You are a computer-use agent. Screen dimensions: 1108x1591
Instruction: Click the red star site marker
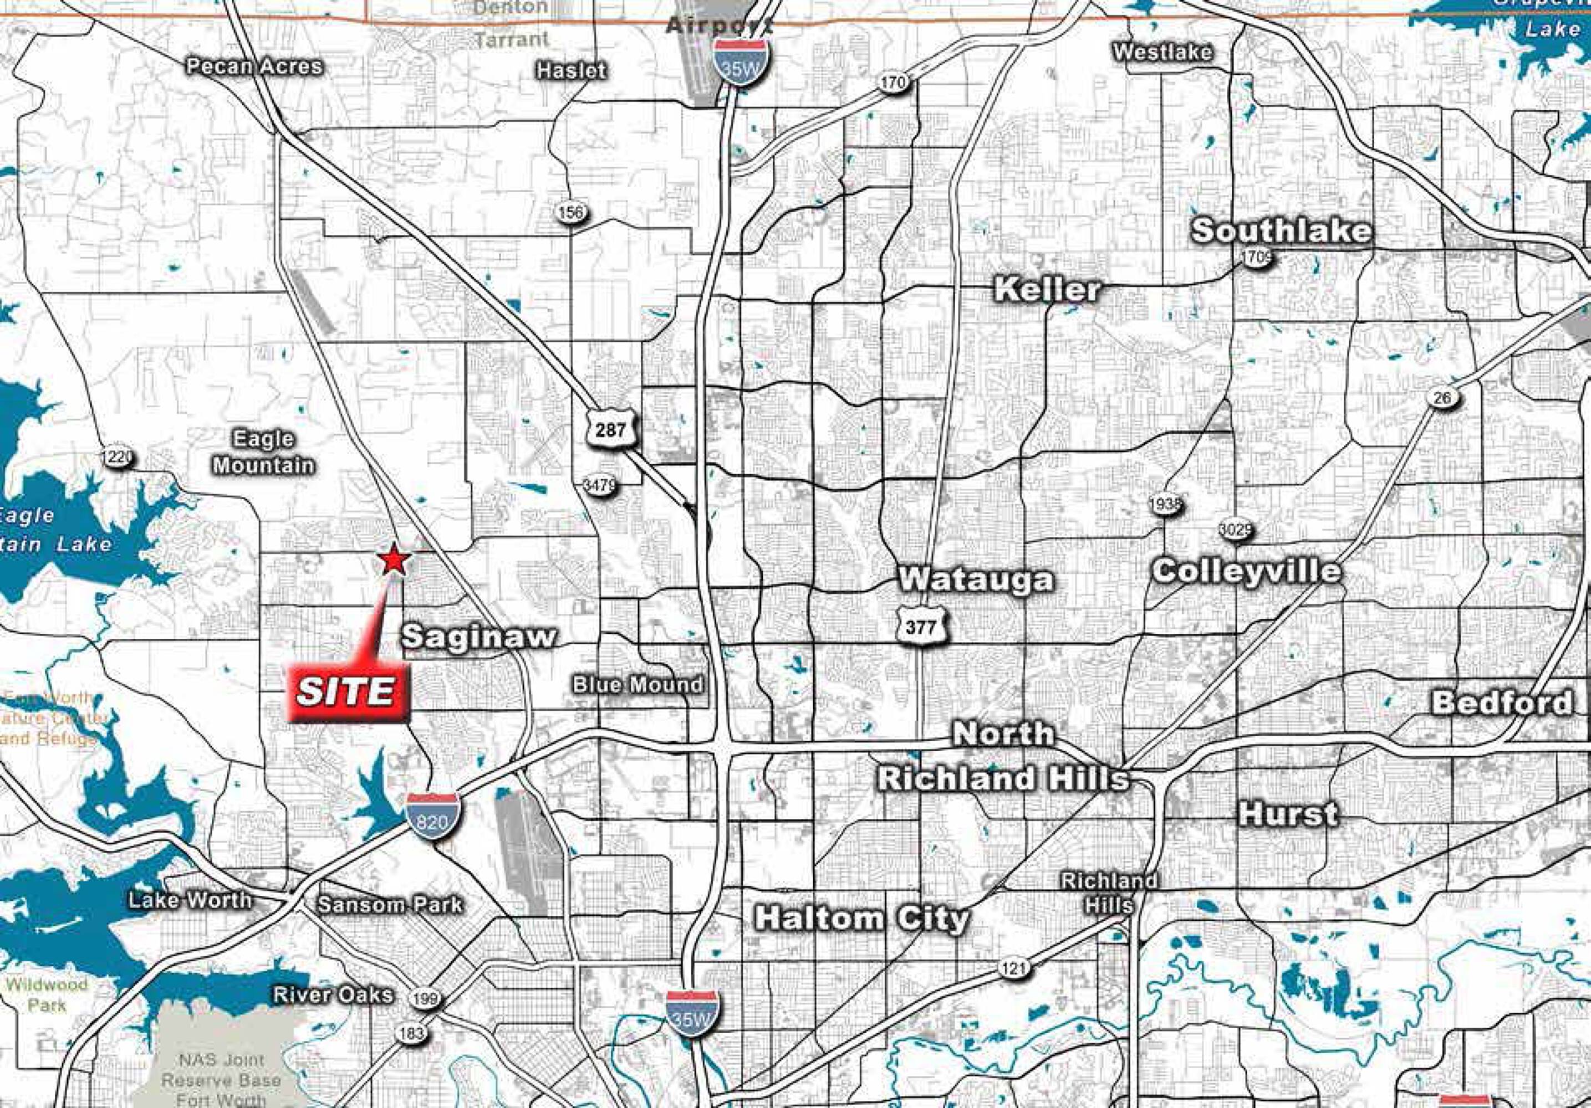394,560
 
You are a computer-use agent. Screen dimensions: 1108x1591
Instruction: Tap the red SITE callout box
347,692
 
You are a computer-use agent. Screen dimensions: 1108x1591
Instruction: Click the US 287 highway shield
610,430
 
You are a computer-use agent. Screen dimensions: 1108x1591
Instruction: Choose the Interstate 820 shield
432,817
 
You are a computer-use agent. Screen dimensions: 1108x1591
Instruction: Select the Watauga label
976,579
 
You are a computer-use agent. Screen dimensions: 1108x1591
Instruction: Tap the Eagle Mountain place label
263,452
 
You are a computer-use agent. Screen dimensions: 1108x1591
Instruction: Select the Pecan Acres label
254,66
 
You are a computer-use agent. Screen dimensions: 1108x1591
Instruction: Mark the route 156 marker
571,212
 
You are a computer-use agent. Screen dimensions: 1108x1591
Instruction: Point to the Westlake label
1163,52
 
